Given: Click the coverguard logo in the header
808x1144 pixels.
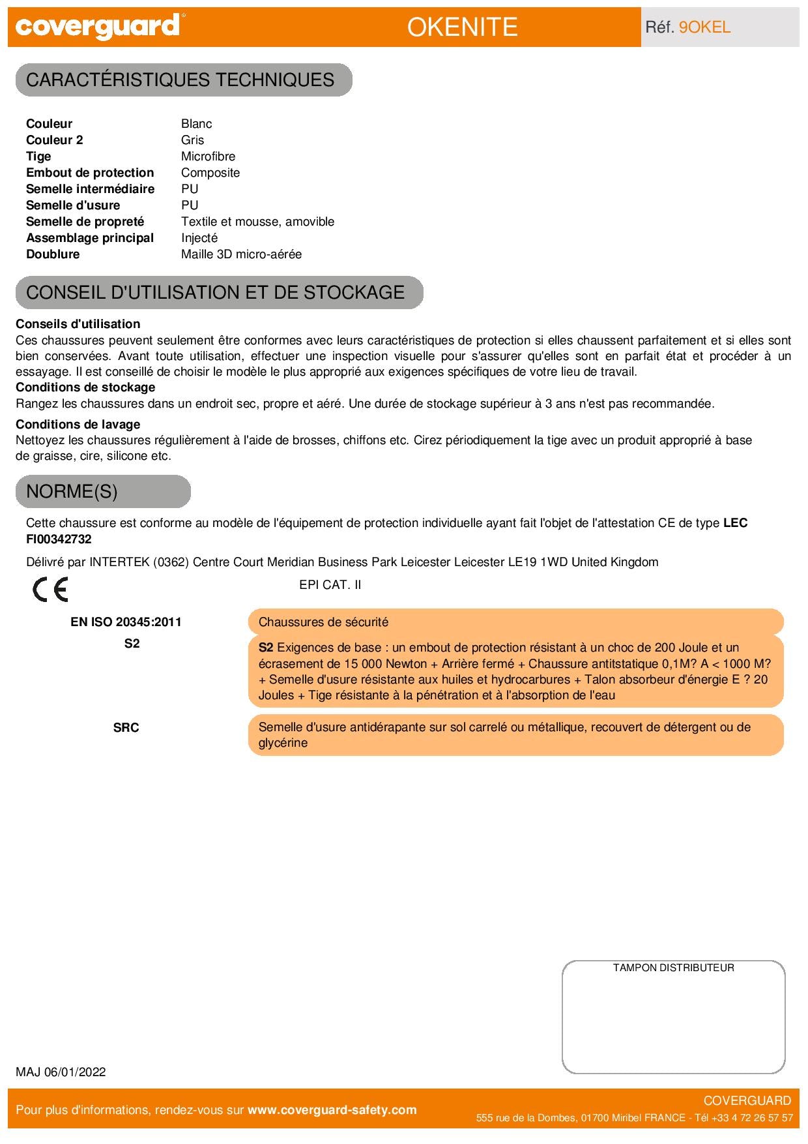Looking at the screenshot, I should (97, 27).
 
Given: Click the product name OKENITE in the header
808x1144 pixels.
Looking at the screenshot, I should (462, 27).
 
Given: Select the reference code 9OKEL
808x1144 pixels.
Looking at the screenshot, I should (704, 27).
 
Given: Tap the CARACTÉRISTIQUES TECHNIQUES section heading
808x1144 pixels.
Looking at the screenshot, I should (180, 80).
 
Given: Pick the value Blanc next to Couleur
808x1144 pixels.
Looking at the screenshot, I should (196, 124).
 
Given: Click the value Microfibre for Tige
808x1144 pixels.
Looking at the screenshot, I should (208, 157).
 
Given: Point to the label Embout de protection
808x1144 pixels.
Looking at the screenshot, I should (90, 173).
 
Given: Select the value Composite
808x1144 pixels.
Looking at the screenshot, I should (210, 173).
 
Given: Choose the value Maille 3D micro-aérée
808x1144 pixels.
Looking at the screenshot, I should (241, 254).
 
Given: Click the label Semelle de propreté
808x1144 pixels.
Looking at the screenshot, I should (85, 222).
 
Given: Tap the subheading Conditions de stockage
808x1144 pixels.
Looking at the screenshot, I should (85, 387).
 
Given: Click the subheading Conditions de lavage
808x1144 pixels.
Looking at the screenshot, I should (78, 425).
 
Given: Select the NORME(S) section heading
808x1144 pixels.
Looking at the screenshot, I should (72, 491).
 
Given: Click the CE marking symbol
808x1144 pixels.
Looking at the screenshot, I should (50, 590).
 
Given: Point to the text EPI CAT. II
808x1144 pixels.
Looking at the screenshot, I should (330, 585).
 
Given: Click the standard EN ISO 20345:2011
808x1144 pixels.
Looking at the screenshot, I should (126, 622).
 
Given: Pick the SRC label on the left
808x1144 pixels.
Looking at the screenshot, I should (126, 728).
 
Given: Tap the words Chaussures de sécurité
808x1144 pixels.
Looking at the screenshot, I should (323, 622).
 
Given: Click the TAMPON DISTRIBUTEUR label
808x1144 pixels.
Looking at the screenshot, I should (673, 968).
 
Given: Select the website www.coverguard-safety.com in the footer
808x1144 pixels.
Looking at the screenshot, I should (332, 1110).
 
